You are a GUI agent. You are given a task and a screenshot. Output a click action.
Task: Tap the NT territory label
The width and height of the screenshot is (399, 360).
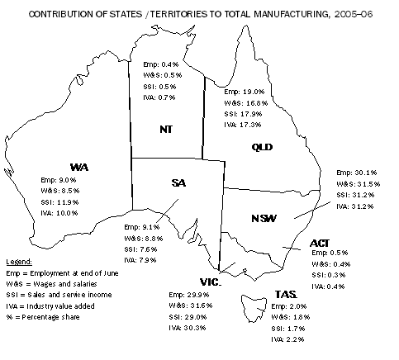(x=165, y=129)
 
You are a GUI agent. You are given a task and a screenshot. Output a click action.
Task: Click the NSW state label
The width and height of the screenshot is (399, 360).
(x=264, y=218)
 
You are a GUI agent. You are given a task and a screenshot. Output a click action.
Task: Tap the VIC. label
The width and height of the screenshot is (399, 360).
(x=209, y=281)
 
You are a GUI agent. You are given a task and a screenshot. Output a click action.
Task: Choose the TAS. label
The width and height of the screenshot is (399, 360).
(x=286, y=294)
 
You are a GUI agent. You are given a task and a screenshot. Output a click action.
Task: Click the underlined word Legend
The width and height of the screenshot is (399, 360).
(x=18, y=260)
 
